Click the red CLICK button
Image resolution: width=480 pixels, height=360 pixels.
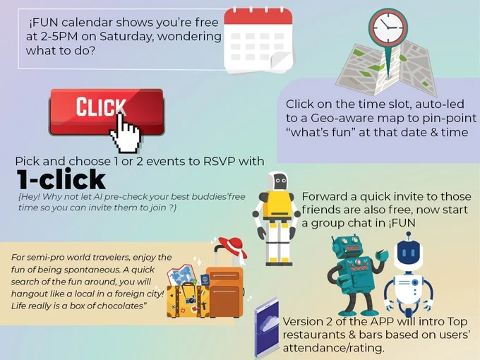[106, 112]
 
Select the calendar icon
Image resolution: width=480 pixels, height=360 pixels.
[258, 40]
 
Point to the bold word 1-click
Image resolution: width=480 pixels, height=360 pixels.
[61, 179]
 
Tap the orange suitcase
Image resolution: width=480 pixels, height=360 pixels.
[225, 292]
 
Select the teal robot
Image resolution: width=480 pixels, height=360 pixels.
[356, 275]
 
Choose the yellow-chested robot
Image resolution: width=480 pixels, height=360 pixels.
[277, 218]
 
